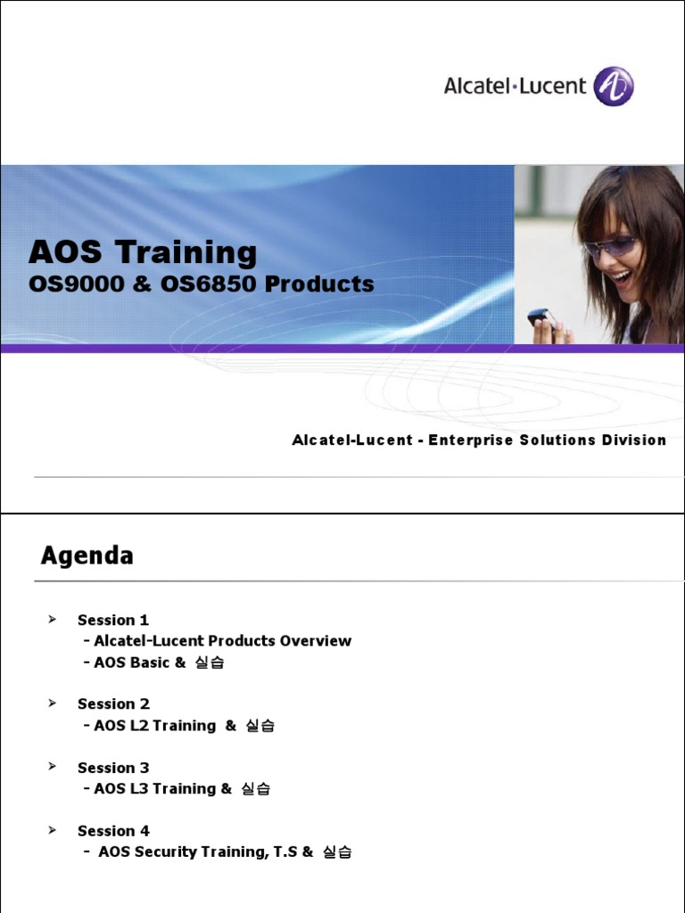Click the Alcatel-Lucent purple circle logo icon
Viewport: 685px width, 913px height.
click(614, 86)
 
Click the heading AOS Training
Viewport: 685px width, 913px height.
click(143, 253)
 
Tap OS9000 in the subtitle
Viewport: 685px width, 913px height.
click(68, 284)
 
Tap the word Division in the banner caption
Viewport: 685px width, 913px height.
click(633, 440)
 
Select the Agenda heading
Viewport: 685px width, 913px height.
click(87, 556)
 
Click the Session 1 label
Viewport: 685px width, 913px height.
click(113, 620)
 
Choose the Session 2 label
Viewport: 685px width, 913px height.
click(113, 704)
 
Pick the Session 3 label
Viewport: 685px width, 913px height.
click(113, 768)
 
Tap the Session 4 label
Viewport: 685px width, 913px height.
click(113, 831)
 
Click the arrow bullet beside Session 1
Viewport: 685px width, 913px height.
click(52, 619)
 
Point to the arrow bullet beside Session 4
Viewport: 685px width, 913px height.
click(52, 830)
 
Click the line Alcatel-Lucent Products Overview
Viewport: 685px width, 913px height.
click(222, 641)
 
